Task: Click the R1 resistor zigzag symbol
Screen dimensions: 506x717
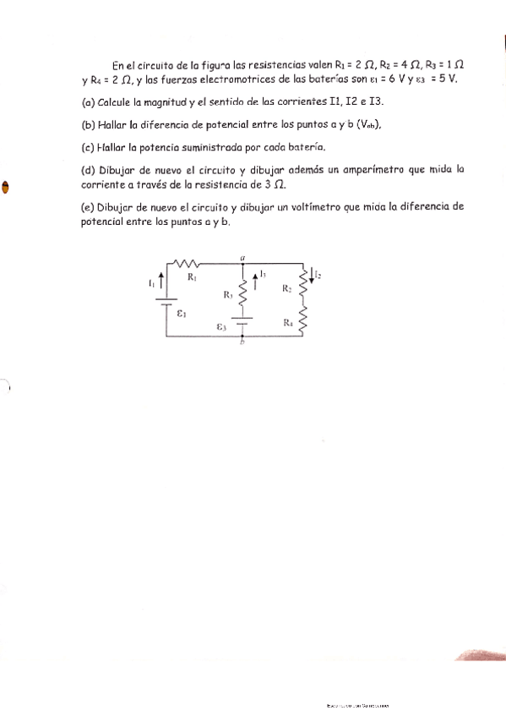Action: click(x=186, y=265)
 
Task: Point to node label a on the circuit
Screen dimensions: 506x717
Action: click(x=242, y=255)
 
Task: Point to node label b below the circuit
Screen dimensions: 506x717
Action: click(x=242, y=341)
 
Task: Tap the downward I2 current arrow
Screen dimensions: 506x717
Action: click(x=312, y=274)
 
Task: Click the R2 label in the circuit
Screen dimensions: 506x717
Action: click(x=287, y=289)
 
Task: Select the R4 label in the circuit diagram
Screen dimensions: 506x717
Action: click(x=287, y=322)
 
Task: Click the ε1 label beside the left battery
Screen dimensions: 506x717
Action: click(x=182, y=313)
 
